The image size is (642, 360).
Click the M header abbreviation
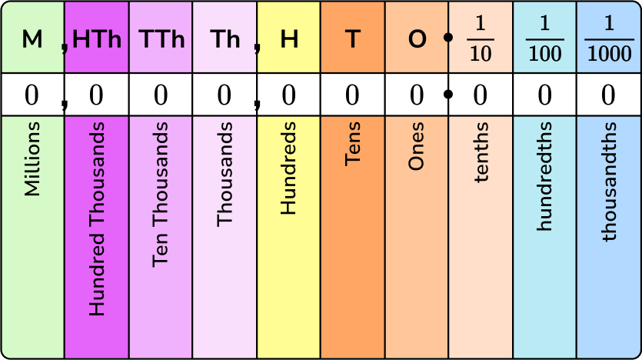tap(32, 39)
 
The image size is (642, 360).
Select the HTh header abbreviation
tap(98, 39)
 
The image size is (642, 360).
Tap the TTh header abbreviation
tap(161, 39)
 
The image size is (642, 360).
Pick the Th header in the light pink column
tap(225, 39)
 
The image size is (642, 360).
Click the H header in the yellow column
tap(289, 39)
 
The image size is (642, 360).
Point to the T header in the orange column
tap(352, 39)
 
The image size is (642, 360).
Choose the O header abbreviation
tap(417, 39)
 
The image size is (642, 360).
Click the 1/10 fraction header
tap(481, 38)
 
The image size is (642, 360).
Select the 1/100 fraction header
tap(544, 38)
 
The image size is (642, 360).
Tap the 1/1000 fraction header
tap(608, 38)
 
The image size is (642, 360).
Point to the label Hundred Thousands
tap(97, 218)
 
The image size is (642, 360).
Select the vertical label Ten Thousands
tap(161, 202)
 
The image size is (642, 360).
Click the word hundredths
tap(545, 176)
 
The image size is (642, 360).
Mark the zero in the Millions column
tap(32, 95)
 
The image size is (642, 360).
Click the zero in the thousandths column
tap(608, 95)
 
